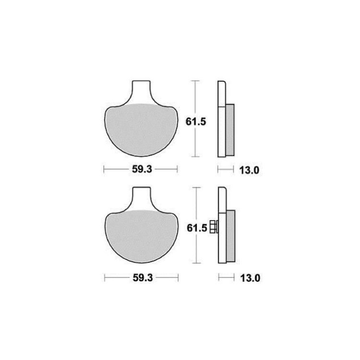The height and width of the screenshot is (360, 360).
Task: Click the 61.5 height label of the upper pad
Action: click(x=196, y=121)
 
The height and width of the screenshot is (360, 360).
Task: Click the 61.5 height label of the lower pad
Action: click(x=197, y=228)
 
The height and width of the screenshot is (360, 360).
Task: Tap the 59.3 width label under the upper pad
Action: click(x=142, y=169)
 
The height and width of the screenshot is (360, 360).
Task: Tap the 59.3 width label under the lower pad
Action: click(x=143, y=278)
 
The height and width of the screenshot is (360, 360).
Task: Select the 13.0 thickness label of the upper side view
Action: click(x=249, y=170)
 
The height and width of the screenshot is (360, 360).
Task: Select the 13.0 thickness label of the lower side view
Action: click(x=250, y=278)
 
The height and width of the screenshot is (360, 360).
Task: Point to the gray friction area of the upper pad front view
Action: click(x=141, y=130)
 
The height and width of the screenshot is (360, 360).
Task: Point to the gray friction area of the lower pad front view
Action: click(x=142, y=237)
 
